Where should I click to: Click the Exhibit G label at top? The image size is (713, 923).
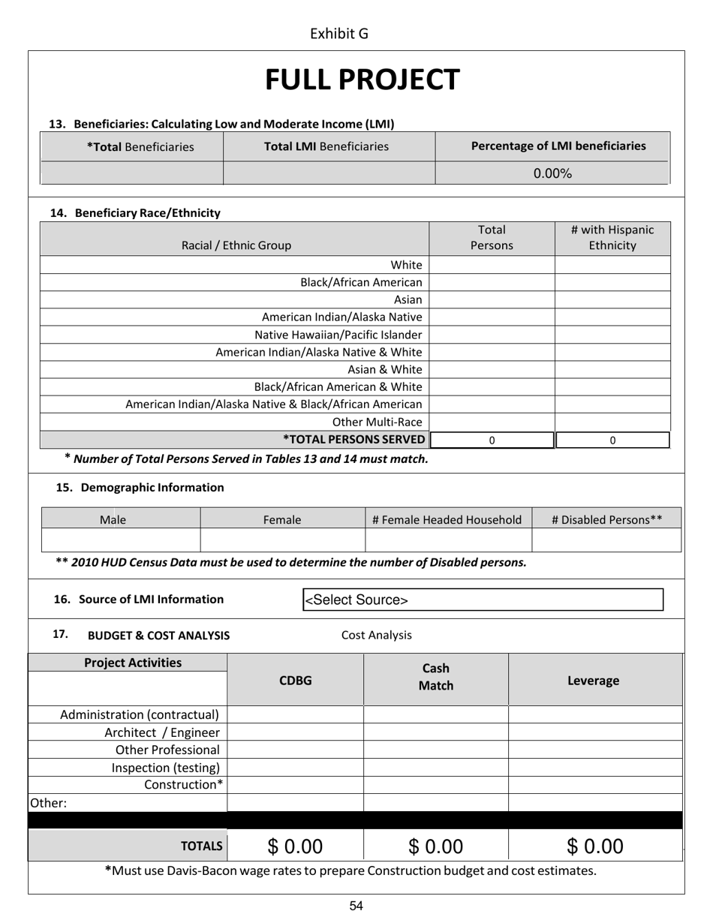[338, 34]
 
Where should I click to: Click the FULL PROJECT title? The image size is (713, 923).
[362, 80]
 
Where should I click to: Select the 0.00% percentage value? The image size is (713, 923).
[552, 173]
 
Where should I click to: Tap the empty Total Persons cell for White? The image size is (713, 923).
[492, 265]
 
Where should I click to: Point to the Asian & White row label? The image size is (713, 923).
[384, 369]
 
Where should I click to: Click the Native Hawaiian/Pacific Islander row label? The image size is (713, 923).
[338, 335]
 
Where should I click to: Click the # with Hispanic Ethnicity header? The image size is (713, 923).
[612, 238]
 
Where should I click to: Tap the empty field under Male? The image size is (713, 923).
[121, 540]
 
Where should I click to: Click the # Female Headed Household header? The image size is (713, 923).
[447, 519]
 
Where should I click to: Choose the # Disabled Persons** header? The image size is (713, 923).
[606, 519]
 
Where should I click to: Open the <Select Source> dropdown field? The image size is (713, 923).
[483, 600]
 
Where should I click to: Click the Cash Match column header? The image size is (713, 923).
[436, 677]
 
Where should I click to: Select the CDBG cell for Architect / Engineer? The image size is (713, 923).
[295, 732]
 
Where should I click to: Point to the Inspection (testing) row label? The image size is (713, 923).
[166, 768]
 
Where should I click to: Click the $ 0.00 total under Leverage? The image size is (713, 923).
[595, 846]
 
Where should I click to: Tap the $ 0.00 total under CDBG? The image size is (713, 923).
[295, 846]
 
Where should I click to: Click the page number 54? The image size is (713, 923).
[356, 906]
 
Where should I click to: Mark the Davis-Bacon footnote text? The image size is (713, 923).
[351, 870]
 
